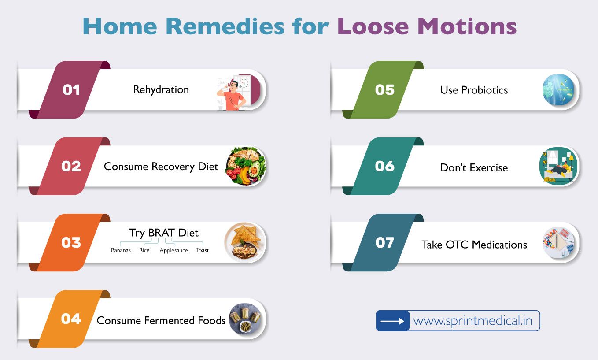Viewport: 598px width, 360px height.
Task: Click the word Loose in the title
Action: click(x=373, y=26)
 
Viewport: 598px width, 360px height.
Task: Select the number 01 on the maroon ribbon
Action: click(x=71, y=90)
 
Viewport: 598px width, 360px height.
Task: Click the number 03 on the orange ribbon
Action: click(x=71, y=243)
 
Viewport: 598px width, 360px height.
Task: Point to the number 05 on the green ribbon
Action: click(x=385, y=90)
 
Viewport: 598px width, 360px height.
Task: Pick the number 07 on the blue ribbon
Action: click(x=385, y=243)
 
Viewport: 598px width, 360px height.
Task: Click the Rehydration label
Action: click(x=161, y=89)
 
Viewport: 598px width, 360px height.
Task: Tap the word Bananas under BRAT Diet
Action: click(x=121, y=250)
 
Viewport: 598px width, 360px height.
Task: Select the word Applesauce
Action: click(x=173, y=250)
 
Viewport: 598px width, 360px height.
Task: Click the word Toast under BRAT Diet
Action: click(x=202, y=250)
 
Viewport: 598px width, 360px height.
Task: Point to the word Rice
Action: click(x=144, y=250)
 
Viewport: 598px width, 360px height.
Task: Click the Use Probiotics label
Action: click(x=474, y=90)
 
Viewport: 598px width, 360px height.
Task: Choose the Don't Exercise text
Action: click(x=474, y=167)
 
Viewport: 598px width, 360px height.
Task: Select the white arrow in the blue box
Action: click(x=392, y=321)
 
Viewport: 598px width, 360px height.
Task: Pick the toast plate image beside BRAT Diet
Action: click(x=245, y=242)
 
